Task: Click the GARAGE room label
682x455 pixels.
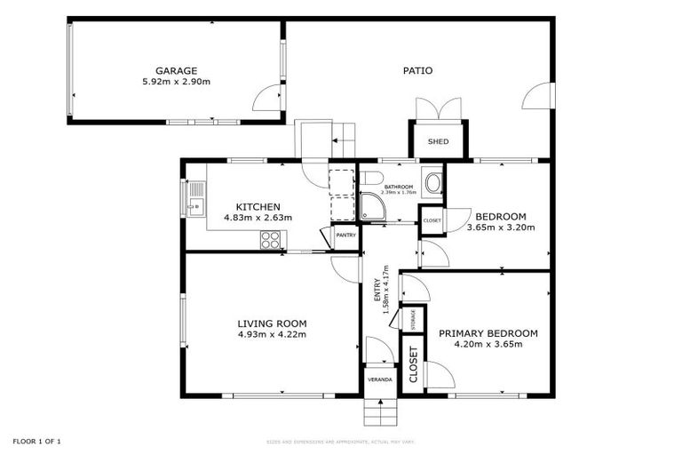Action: pyautogui.click(x=176, y=71)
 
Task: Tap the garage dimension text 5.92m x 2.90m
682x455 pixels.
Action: pyautogui.click(x=176, y=82)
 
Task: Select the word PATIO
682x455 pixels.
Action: pyautogui.click(x=417, y=71)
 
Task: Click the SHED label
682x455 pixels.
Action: pyautogui.click(x=438, y=142)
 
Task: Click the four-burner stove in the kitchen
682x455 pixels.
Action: pyautogui.click(x=271, y=238)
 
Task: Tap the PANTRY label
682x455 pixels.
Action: pyautogui.click(x=346, y=235)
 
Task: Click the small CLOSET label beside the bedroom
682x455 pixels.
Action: pyautogui.click(x=432, y=220)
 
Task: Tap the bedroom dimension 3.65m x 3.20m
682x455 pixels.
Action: pyautogui.click(x=501, y=227)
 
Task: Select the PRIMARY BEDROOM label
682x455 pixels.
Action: pyautogui.click(x=488, y=333)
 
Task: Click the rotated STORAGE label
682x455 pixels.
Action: pyautogui.click(x=411, y=317)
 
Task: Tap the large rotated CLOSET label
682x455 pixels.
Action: pyautogui.click(x=413, y=363)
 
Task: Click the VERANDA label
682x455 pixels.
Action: pyautogui.click(x=380, y=380)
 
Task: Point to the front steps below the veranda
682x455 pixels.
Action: pyautogui.click(x=379, y=411)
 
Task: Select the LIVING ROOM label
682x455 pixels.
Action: pyautogui.click(x=272, y=323)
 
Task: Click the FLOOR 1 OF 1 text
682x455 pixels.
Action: pyautogui.click(x=36, y=441)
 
